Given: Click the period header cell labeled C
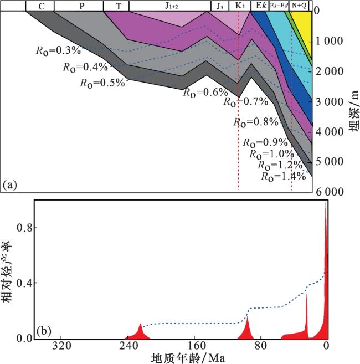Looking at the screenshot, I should [43, 6].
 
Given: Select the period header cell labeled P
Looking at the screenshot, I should [82, 6].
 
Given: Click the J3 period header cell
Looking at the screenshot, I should [219, 6].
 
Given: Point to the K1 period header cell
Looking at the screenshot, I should [239, 6].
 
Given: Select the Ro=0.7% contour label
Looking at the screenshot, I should [246, 102].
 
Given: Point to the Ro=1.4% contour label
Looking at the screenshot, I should [283, 177].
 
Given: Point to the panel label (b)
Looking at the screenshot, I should [44, 331].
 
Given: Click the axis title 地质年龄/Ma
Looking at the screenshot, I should [188, 358].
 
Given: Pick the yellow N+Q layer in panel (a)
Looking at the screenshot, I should [303, 28].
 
